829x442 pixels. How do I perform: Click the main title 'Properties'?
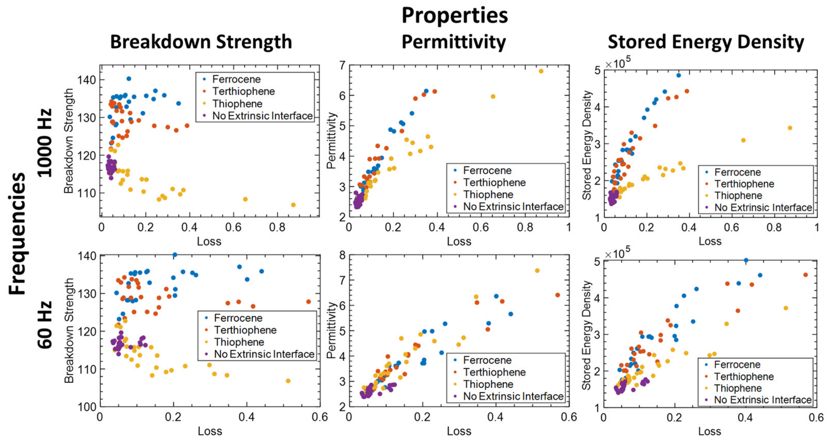coord(454,15)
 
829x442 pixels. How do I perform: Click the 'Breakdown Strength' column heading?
coord(201,42)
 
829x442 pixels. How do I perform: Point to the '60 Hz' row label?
coord(44,325)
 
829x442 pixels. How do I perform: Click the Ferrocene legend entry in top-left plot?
coord(236,79)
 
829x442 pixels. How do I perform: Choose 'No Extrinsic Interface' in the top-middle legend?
coord(513,207)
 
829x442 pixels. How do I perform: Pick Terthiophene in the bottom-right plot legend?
coord(744,376)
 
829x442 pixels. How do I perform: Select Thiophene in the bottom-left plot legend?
coord(239,342)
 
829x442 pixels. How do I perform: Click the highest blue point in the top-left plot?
coord(129,78)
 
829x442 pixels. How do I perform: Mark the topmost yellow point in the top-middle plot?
coord(541,71)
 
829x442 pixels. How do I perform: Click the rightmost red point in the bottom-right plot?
coord(805,275)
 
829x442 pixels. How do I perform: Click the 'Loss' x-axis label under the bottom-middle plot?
coord(459,431)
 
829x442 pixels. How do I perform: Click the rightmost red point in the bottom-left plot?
coord(309,302)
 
